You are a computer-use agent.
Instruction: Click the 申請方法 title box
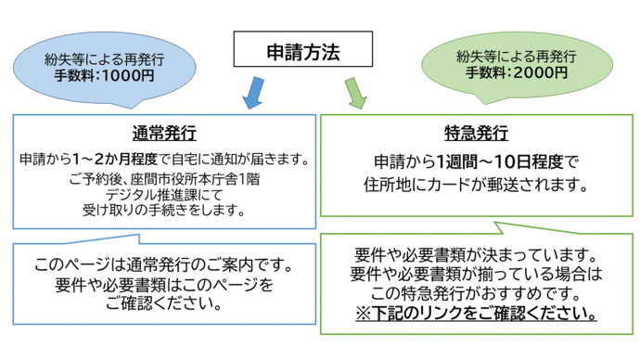302,51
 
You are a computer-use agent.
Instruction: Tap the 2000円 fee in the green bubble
530,73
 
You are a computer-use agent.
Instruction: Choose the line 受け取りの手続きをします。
162,210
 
